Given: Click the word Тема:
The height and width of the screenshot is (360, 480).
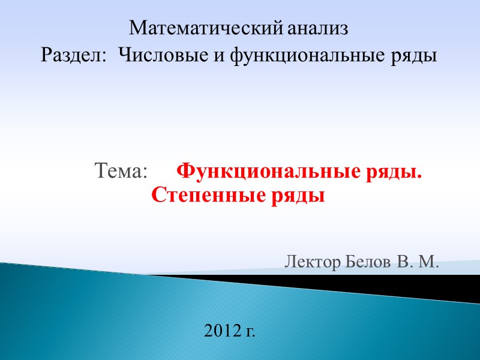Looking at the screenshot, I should tap(121, 172).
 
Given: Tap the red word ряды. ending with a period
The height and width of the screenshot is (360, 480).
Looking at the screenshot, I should tap(395, 173).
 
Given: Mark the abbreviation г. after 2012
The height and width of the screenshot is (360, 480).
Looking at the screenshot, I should tap(250, 331).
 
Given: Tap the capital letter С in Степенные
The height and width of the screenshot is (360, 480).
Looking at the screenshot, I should tap(157, 195).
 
